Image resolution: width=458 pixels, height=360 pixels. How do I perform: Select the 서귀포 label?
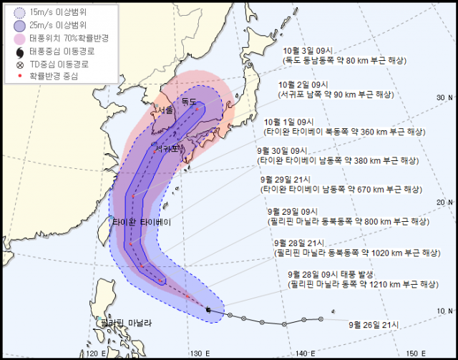pyautogui.click(x=167, y=149)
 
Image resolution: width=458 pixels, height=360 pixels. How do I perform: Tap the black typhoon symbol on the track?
pyautogui.click(x=208, y=309)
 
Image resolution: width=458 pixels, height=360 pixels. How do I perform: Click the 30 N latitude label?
pyautogui.click(x=445, y=97)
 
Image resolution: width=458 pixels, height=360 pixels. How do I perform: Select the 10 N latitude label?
pyautogui.click(x=445, y=309)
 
